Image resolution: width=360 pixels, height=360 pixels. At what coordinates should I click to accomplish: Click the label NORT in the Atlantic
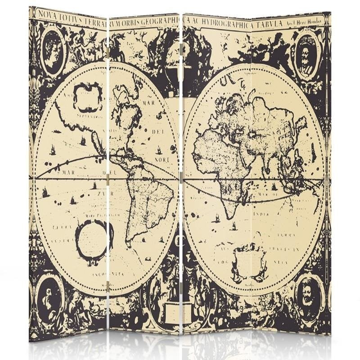click(163, 159)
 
